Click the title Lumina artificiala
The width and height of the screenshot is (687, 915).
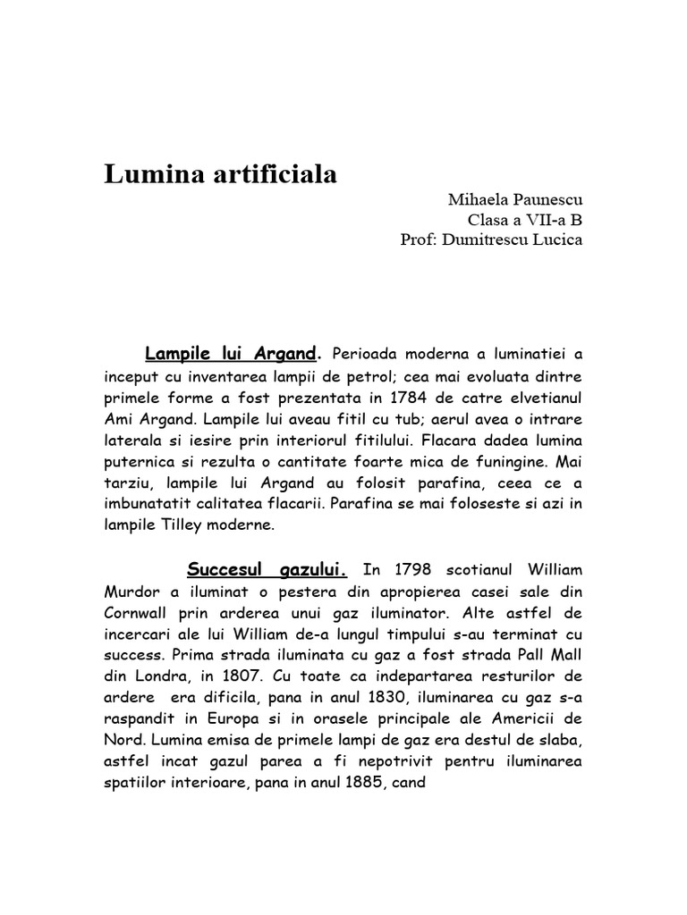pyautogui.click(x=221, y=174)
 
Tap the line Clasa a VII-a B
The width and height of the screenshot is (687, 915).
pyautogui.click(x=525, y=220)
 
